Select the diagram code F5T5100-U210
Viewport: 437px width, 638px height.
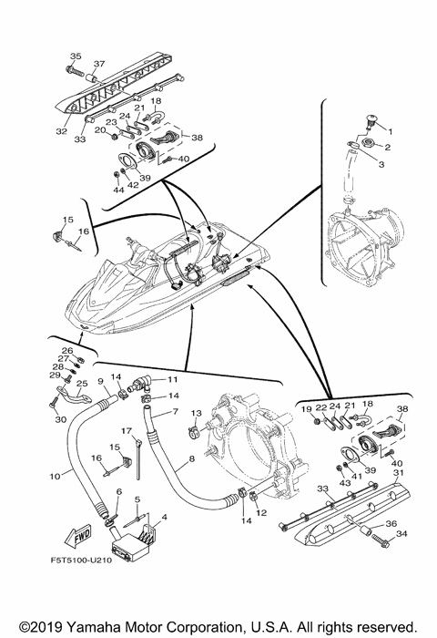coord(81,561)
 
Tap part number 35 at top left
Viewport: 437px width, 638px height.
coord(76,57)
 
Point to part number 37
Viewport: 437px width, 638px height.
coord(99,64)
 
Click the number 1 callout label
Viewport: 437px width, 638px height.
coord(391,131)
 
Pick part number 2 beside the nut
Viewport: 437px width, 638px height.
coord(388,148)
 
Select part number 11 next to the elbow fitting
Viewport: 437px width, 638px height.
coord(173,379)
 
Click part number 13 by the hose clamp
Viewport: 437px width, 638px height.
coord(196,413)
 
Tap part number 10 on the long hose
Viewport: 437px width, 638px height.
coord(55,475)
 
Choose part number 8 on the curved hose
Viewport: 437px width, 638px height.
coord(192,458)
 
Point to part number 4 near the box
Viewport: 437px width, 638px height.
coord(164,517)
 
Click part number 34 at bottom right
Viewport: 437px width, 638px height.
coord(391,533)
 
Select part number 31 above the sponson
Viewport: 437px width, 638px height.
coord(400,472)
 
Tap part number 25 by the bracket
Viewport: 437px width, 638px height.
coord(82,384)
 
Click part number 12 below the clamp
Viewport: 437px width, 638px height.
coord(261,512)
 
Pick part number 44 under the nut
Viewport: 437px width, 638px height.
coord(118,190)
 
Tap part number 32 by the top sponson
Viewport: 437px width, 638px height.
coord(61,131)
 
